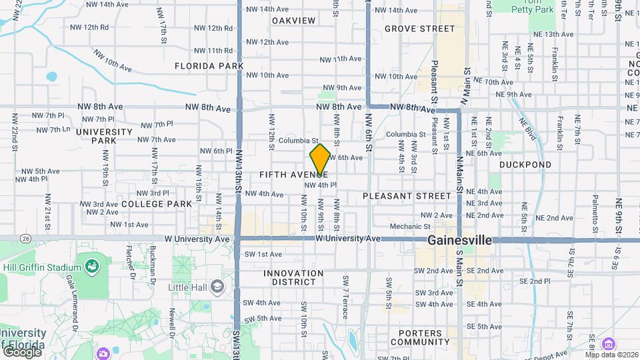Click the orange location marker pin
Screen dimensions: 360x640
click(x=320, y=159)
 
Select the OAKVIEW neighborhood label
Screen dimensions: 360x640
click(x=293, y=21)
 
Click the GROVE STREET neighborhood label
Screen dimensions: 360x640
click(x=420, y=29)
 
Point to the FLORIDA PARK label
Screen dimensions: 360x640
click(x=209, y=66)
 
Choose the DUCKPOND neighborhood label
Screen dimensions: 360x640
click(x=525, y=164)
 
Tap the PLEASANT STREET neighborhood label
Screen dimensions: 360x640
click(x=407, y=196)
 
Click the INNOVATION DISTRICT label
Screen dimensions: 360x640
click(x=293, y=277)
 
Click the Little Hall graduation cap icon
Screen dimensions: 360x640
click(x=217, y=287)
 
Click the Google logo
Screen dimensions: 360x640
click(x=21, y=351)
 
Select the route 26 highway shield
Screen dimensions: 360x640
click(x=25, y=238)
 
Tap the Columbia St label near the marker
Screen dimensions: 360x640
click(x=299, y=141)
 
